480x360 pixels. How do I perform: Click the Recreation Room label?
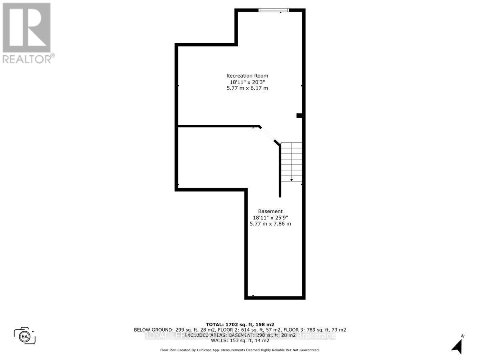pos(247,76)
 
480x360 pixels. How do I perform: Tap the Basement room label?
pos(270,211)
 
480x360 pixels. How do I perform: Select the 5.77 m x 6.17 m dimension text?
pos(247,88)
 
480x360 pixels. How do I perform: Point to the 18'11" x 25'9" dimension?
pos(270,218)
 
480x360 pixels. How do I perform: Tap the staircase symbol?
pos(291,162)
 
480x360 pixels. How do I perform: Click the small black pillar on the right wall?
pos(299,116)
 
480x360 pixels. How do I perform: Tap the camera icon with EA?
pos(25,335)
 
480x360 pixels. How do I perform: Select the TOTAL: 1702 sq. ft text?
pos(240,324)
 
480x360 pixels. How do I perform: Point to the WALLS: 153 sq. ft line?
pos(240,340)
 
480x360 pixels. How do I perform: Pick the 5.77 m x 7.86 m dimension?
pos(270,224)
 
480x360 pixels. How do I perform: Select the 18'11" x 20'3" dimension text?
pos(247,82)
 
